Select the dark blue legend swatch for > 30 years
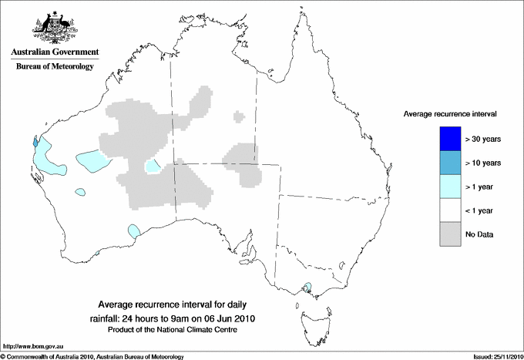point(450,139)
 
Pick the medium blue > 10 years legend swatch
point(450,163)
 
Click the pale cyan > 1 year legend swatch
point(450,187)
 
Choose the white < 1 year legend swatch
point(450,210)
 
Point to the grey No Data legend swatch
point(450,234)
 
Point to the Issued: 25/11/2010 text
point(491,356)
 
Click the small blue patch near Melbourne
point(308,289)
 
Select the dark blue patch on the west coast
point(35,142)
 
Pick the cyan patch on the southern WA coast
point(134,230)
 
